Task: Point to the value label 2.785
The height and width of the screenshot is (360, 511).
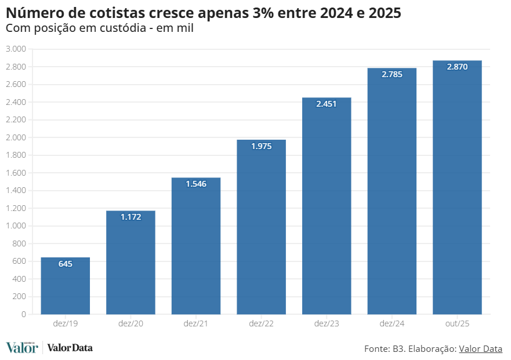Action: (x=392, y=75)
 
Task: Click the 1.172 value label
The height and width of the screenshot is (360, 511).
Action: (x=131, y=217)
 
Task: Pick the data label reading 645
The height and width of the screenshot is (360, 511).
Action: (x=65, y=264)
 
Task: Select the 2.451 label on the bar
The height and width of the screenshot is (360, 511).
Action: (x=327, y=104)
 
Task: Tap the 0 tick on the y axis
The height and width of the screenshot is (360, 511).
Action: (x=23, y=314)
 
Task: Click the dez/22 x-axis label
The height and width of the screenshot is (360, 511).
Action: (x=261, y=323)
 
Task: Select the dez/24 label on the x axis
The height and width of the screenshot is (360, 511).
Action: (x=392, y=323)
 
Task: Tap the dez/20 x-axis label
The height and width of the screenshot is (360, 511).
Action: (x=131, y=323)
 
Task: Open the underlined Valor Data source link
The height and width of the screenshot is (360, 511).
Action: (x=480, y=348)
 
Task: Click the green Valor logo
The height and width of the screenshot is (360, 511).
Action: (x=21, y=348)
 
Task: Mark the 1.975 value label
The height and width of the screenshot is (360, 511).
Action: (x=261, y=146)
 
